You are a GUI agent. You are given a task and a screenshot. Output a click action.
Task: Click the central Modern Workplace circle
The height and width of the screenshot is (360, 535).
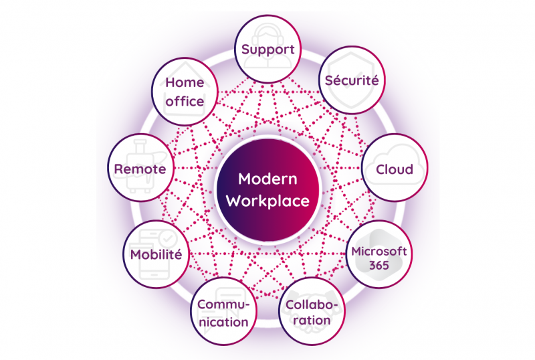(268, 190)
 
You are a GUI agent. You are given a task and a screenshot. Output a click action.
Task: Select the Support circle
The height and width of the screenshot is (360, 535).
(268, 49)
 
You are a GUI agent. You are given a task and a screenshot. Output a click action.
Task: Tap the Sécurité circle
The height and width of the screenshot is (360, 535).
(352, 80)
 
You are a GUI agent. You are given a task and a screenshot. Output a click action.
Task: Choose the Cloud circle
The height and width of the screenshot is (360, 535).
(395, 168)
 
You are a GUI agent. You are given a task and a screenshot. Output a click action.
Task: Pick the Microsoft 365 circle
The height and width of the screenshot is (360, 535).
(379, 254)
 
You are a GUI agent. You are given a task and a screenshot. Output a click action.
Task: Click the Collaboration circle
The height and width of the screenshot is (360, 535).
(312, 311)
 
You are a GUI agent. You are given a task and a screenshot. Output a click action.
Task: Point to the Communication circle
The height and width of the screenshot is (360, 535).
(223, 311)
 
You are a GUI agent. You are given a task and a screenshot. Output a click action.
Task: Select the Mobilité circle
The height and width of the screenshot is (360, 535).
(156, 254)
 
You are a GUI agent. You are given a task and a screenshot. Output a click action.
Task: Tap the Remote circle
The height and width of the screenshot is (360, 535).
(141, 168)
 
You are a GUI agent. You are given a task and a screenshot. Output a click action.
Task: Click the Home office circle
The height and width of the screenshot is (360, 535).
(185, 92)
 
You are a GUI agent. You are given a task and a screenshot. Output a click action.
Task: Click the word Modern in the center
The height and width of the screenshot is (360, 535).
(268, 179)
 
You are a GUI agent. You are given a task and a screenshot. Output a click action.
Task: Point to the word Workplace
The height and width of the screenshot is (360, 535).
(268, 201)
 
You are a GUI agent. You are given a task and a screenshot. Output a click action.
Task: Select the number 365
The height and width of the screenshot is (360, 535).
(379, 266)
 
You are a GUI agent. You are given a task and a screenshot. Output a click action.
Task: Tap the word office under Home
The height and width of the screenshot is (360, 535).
(185, 102)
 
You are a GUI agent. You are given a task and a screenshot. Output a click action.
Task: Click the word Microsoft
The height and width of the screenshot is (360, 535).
(379, 252)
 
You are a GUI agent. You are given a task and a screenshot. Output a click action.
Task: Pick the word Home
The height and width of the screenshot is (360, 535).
(185, 83)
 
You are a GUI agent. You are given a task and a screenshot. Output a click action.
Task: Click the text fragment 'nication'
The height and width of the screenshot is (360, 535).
(223, 322)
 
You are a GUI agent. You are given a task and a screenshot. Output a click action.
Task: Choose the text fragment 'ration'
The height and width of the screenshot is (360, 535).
(312, 321)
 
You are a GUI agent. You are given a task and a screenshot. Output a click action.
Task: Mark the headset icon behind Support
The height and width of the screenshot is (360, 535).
(268, 46)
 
